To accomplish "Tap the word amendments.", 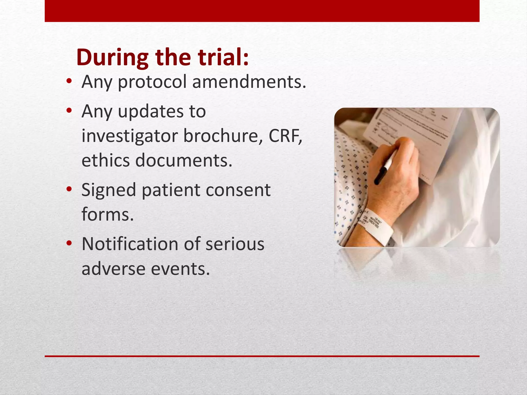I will tap(249, 82).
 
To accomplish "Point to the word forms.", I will tap(108, 214).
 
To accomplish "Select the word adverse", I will tap(113, 268).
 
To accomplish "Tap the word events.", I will tap(180, 268).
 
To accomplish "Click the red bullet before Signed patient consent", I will tap(69, 190).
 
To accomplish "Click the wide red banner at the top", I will tap(262, 11).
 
